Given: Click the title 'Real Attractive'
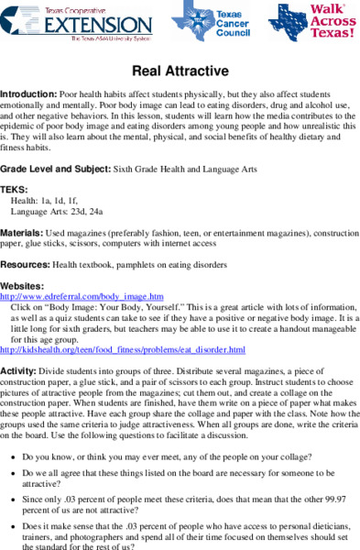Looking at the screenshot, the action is tap(179, 71).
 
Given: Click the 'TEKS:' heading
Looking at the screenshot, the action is tap(15, 189).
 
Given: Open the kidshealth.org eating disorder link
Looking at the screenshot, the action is tap(123, 350).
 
